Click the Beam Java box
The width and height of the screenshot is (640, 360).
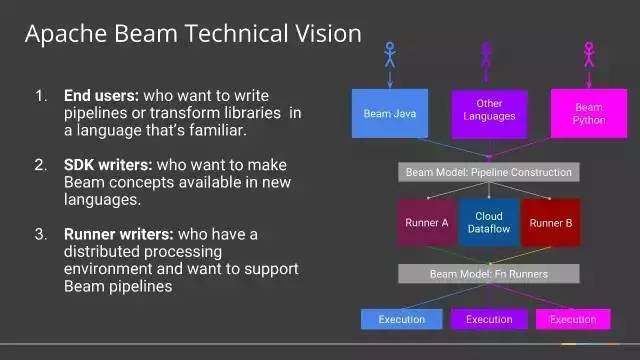pyautogui.click(x=389, y=113)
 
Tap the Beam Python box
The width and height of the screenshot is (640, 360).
pyautogui.click(x=589, y=113)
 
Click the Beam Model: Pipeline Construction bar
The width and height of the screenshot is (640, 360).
pyautogui.click(x=489, y=172)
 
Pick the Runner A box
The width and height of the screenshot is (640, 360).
pyautogui.click(x=427, y=223)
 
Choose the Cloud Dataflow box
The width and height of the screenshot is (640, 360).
pyautogui.click(x=489, y=223)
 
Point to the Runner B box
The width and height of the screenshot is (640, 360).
pyautogui.click(x=551, y=223)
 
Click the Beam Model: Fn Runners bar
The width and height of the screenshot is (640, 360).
pyautogui.click(x=489, y=273)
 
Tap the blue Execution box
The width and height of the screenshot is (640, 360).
pyautogui.click(x=401, y=319)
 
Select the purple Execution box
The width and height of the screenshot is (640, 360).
pyautogui.click(x=489, y=319)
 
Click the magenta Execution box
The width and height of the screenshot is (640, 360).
pyautogui.click(x=573, y=319)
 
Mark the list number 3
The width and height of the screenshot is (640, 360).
pyautogui.click(x=41, y=234)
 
